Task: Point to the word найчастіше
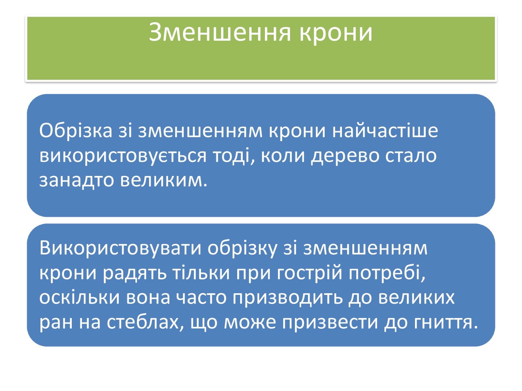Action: tap(385, 131)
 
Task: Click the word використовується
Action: tap(123, 155)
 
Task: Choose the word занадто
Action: tap(76, 180)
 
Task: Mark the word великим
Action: tap(164, 180)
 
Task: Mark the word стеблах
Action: tap(145, 322)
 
